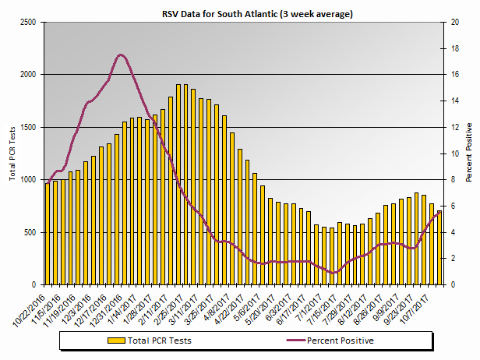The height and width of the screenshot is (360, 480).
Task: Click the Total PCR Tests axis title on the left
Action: click(x=12, y=153)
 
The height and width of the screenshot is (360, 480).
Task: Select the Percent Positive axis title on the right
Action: click(x=469, y=153)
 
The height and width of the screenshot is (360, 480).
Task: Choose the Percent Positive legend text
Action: click(x=340, y=341)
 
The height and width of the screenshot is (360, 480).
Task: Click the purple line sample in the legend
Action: click(x=285, y=341)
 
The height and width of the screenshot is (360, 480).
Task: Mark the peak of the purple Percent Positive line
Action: click(x=121, y=55)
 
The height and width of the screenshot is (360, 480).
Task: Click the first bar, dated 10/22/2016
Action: click(x=48, y=234)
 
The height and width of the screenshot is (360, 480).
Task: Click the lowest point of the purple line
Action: click(x=334, y=273)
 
